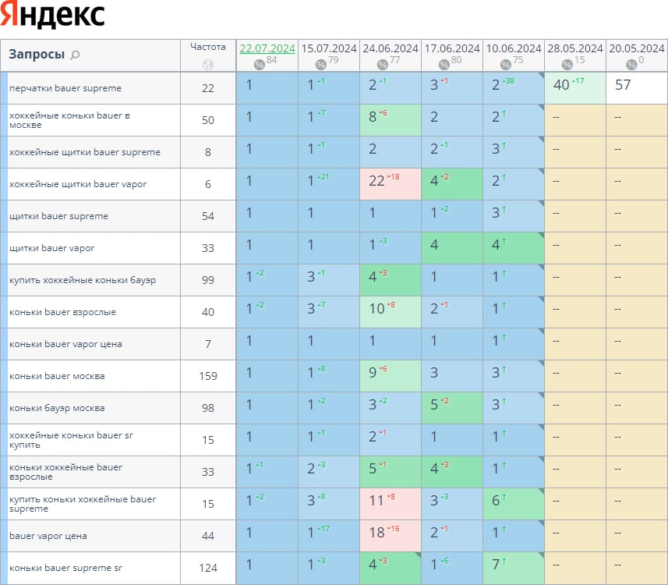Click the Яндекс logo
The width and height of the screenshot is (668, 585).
(53, 16)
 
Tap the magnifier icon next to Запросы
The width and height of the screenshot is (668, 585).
(76, 55)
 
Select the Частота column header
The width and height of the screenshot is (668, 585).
(207, 47)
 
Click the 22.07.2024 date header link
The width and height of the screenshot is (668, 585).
(267, 48)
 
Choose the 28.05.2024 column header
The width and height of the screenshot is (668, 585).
(574, 48)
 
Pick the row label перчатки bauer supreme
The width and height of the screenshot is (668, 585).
(65, 88)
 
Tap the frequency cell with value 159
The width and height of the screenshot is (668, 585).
(207, 376)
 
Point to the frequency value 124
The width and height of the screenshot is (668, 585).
(207, 568)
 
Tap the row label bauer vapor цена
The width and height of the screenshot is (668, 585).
(48, 536)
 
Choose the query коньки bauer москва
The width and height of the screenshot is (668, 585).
(57, 376)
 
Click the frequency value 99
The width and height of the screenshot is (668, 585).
(207, 280)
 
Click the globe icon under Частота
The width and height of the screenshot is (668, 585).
(207, 65)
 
